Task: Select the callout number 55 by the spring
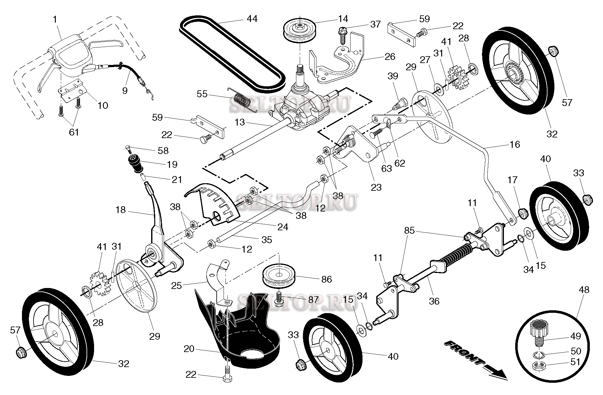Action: pos(202,94)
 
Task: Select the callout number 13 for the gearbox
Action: pos(240,122)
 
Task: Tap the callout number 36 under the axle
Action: pos(434,301)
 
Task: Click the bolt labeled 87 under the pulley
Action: pos(278,300)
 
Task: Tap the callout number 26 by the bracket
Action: pos(390,56)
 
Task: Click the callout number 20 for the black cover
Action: pos(189,349)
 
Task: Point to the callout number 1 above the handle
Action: pos(55,19)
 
